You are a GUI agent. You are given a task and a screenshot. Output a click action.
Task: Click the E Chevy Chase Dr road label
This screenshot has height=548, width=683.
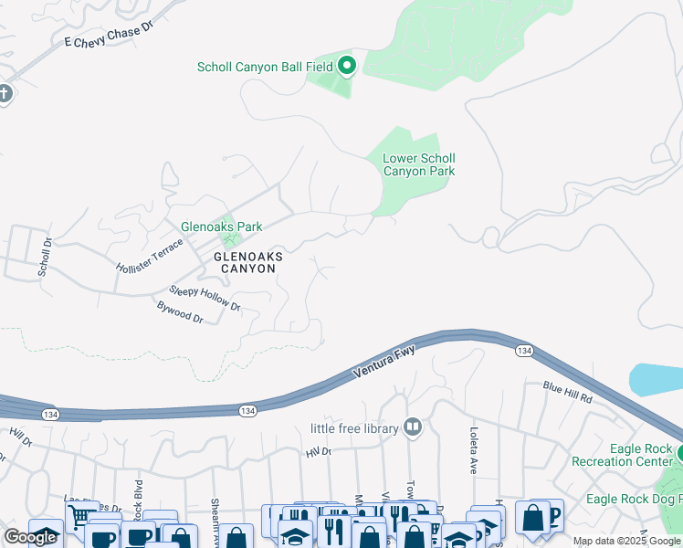[x=115, y=37]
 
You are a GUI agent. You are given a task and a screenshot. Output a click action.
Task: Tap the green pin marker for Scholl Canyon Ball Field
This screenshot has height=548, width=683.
[x=347, y=65]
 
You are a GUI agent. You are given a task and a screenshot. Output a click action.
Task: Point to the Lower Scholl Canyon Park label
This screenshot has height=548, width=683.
[x=418, y=164]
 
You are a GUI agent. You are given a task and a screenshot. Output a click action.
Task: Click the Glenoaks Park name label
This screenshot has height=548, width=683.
[x=221, y=227]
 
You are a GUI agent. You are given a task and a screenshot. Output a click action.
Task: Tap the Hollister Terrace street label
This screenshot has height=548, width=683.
[x=150, y=256]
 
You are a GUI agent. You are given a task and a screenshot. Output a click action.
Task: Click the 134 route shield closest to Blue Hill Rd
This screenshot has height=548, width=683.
[x=523, y=351]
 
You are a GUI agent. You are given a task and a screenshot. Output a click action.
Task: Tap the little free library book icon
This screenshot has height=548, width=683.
[x=413, y=427]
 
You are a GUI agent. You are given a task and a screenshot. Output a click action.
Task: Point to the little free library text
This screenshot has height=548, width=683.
[x=352, y=428]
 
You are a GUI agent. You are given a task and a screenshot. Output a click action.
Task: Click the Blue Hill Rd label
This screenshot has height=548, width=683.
[x=568, y=393]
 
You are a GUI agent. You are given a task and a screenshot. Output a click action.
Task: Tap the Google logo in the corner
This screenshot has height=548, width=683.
[x=30, y=537]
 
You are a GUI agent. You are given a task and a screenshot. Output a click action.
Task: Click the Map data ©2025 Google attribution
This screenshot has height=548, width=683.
[x=626, y=541]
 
